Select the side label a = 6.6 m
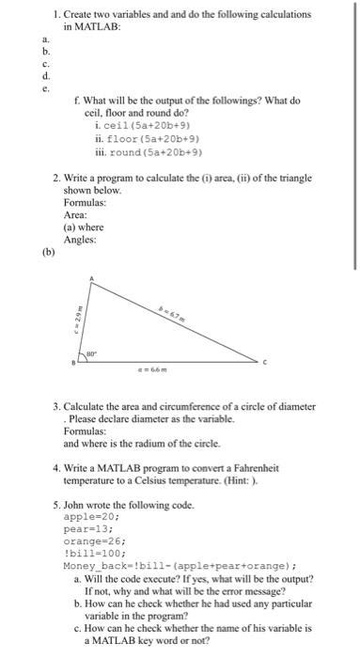point(178,374)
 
